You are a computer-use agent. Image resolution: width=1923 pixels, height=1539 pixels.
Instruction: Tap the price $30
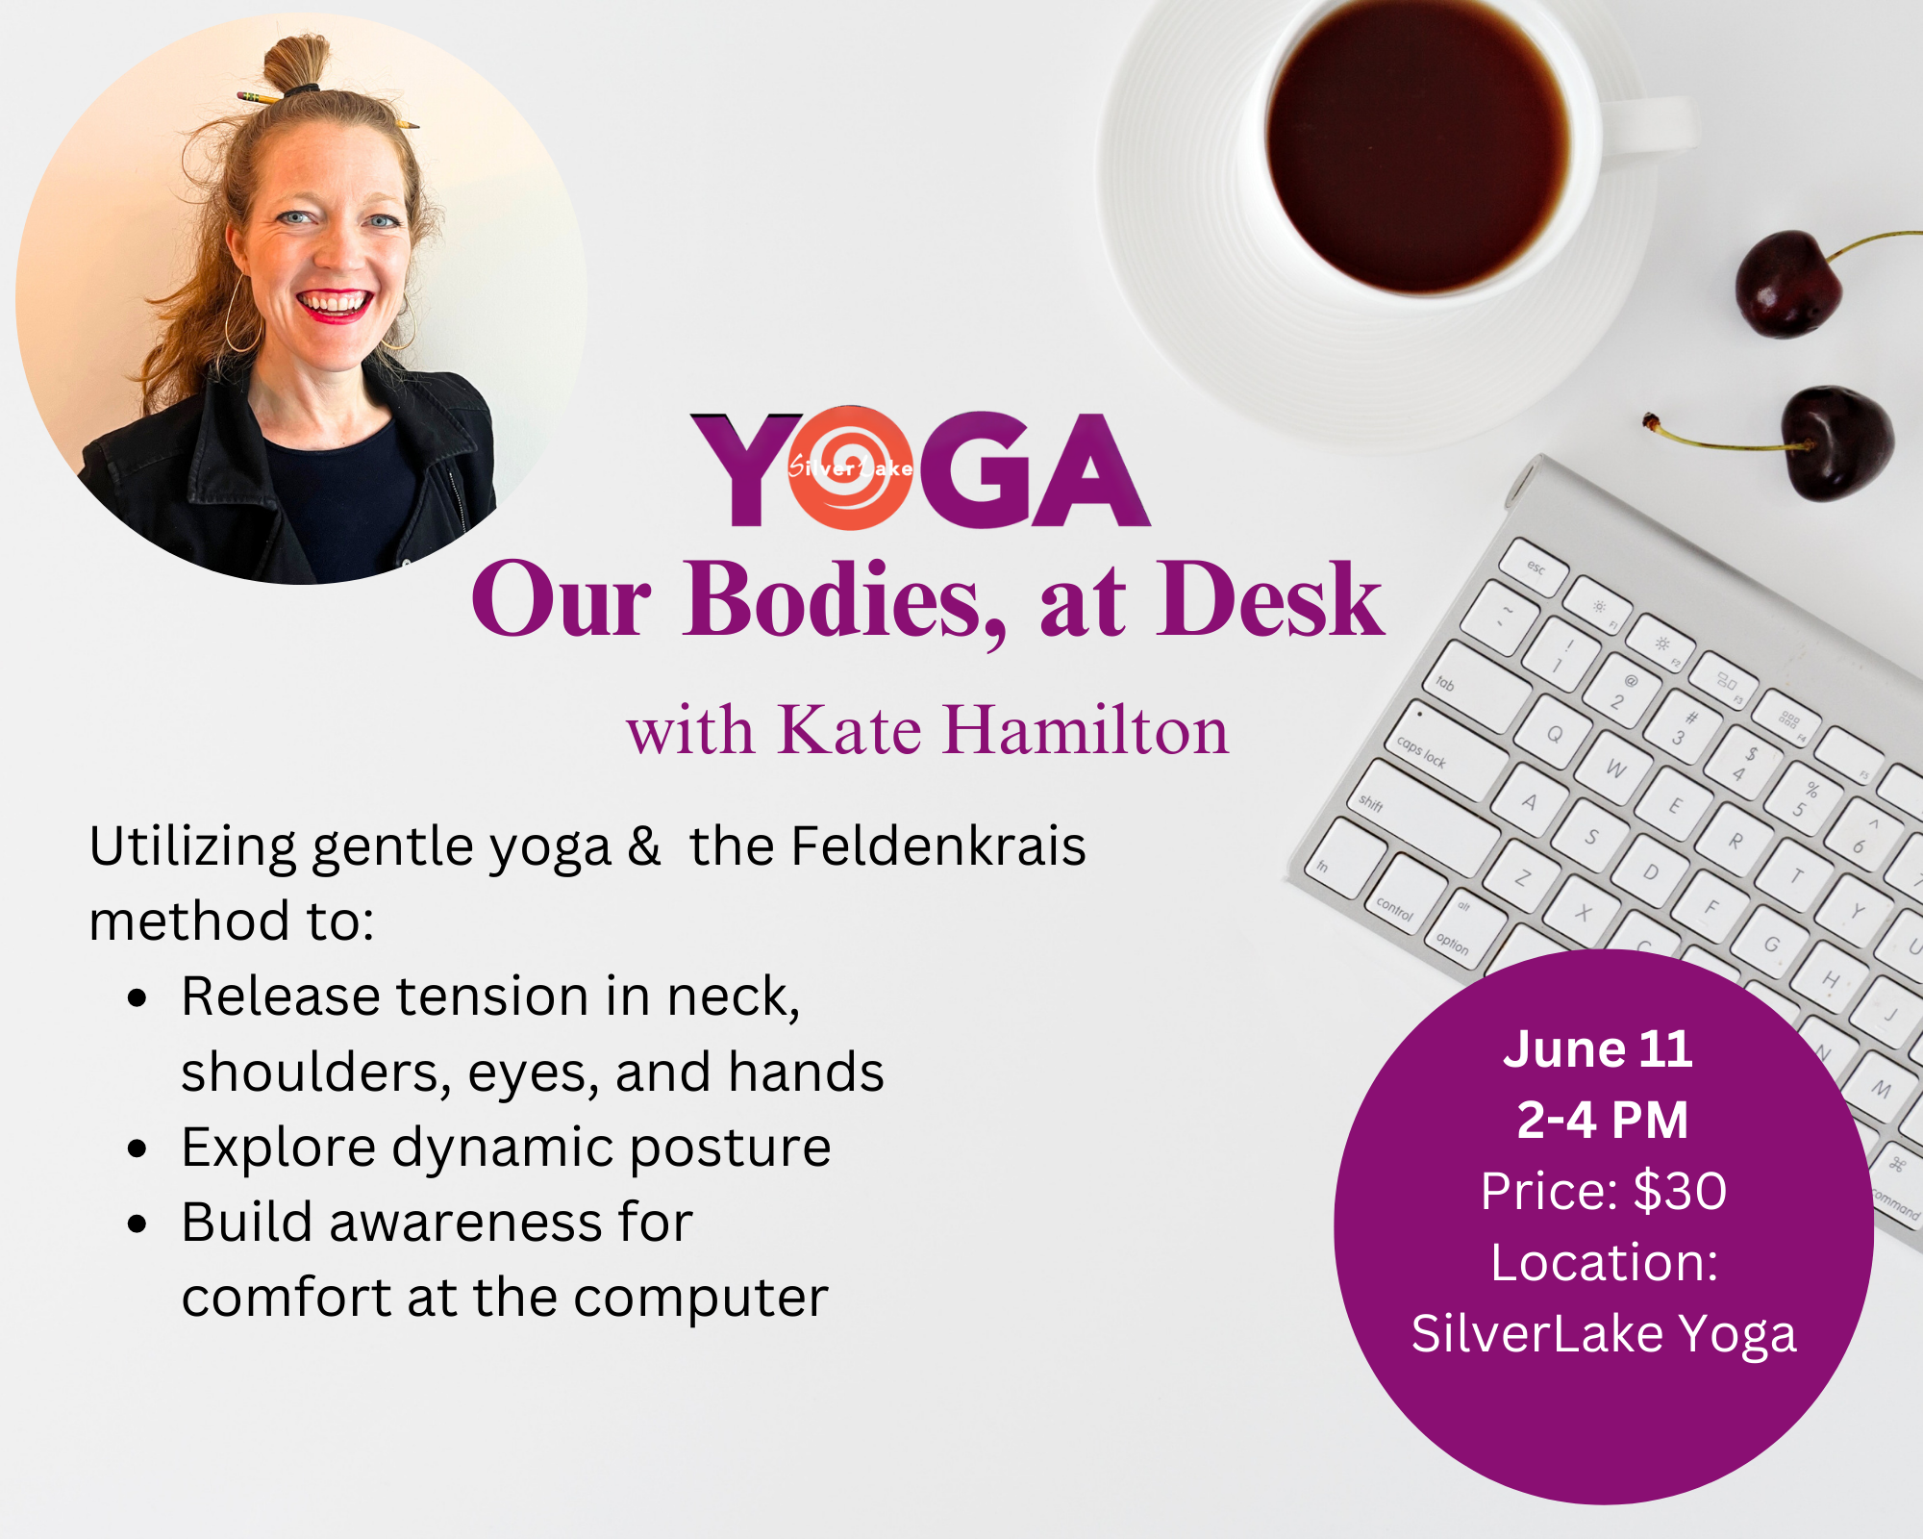tap(1679, 1191)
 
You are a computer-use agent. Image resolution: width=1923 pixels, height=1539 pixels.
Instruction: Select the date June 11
tap(1598, 1048)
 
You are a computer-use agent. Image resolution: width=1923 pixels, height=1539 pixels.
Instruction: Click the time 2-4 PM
tap(1602, 1120)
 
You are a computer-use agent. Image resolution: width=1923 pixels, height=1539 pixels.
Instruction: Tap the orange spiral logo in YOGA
tap(851, 468)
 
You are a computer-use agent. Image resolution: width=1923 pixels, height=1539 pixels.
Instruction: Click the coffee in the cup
tap(1418, 144)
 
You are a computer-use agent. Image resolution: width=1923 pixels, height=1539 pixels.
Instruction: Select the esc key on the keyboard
tap(1536, 568)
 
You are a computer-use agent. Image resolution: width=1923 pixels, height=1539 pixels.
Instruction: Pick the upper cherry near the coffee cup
tap(1788, 284)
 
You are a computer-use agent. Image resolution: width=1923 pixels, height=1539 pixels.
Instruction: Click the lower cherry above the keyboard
tap(1836, 442)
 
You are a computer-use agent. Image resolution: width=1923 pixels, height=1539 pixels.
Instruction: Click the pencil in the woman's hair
tap(260, 97)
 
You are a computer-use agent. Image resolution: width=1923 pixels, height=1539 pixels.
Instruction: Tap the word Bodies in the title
tap(844, 600)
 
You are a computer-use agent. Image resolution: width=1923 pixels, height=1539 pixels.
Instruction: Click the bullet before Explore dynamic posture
tap(138, 1148)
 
